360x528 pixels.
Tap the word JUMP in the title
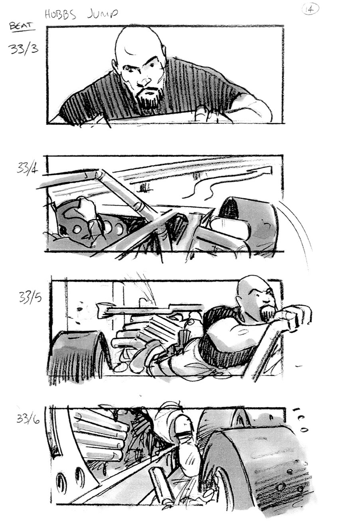pyautogui.click(x=103, y=14)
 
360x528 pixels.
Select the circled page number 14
pyautogui.click(x=310, y=9)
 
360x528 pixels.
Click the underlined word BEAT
pyautogui.click(x=22, y=27)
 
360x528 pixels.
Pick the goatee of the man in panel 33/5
pyautogui.click(x=266, y=313)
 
